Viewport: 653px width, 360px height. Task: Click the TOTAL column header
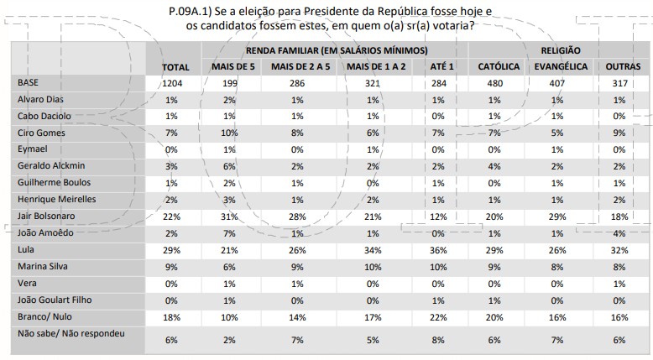click(x=175, y=66)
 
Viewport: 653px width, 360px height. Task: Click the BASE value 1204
click(x=175, y=83)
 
